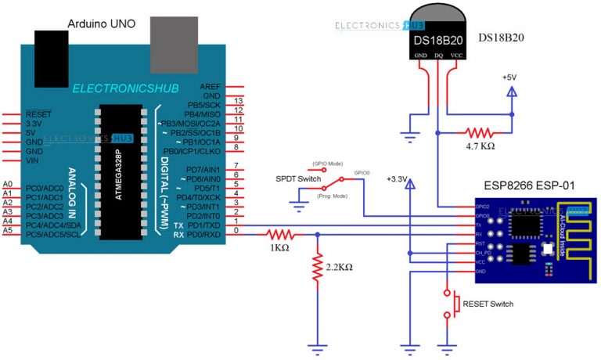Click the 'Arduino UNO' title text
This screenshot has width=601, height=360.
pyautogui.click(x=102, y=24)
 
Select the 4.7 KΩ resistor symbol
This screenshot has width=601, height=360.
pyautogui.click(x=477, y=132)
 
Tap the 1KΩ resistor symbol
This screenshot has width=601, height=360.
pyautogui.click(x=279, y=232)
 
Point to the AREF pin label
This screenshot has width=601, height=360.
pyautogui.click(x=211, y=86)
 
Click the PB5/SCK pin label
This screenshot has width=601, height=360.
pyautogui.click(x=202, y=104)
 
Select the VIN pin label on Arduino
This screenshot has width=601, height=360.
pyautogui.click(x=33, y=161)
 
